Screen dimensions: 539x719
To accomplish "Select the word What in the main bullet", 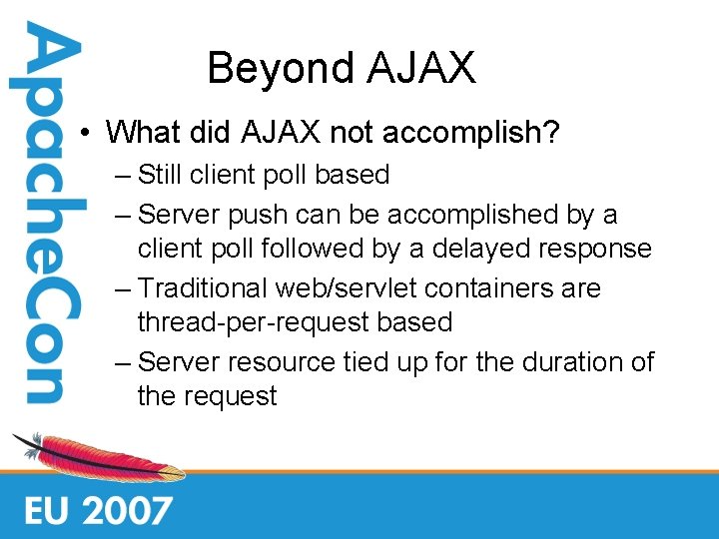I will pyautogui.click(x=142, y=132).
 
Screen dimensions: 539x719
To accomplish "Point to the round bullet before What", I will pyautogui.click(x=88, y=133).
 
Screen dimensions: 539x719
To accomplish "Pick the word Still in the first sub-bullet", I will pyautogui.click(x=159, y=175).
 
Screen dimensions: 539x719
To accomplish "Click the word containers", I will pyautogui.click(x=492, y=288).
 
